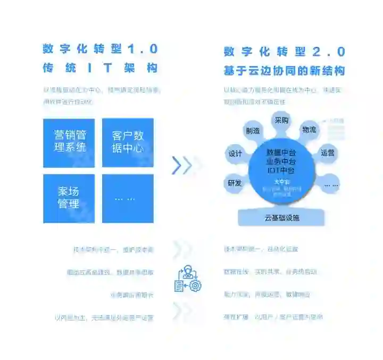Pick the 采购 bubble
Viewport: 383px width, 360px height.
[x=281, y=121]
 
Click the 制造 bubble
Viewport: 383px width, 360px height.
[x=253, y=130]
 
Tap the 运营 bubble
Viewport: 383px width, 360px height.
[x=328, y=153]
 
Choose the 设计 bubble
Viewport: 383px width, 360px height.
[x=235, y=154]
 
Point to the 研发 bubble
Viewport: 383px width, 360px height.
[x=235, y=183]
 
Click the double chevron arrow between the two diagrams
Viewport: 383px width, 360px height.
[x=182, y=165]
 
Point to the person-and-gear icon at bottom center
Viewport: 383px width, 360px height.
[x=187, y=278]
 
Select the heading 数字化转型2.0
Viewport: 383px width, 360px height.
[x=285, y=52]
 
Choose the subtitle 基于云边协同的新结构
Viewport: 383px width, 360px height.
[x=285, y=71]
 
